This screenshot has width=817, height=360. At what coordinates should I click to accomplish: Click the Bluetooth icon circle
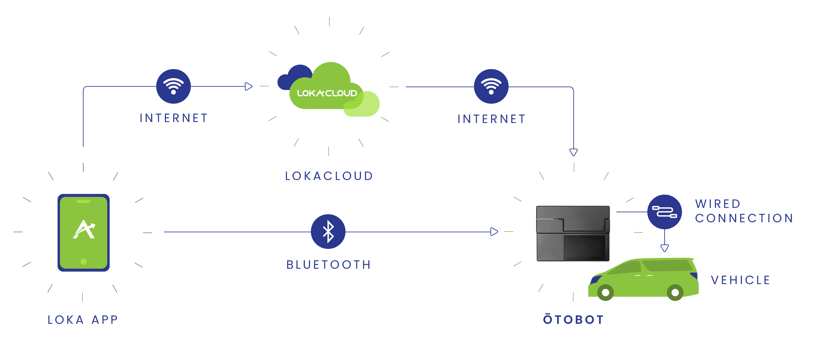[x=328, y=232]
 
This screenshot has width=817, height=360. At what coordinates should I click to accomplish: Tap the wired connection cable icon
[x=664, y=212]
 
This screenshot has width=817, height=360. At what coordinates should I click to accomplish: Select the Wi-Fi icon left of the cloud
[x=173, y=86]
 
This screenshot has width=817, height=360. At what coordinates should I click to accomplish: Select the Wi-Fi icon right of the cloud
[x=491, y=86]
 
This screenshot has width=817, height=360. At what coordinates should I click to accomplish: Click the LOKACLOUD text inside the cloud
[x=327, y=93]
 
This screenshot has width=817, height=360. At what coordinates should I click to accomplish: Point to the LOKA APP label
[x=83, y=320]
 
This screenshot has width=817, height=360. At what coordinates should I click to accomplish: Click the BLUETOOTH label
[x=329, y=265]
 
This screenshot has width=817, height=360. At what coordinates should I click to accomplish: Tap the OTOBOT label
[x=573, y=319]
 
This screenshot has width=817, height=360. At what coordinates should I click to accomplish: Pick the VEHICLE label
[x=740, y=280]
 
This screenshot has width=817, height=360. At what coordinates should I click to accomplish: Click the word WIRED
[x=718, y=204]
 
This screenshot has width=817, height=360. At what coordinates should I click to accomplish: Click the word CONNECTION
[x=744, y=218]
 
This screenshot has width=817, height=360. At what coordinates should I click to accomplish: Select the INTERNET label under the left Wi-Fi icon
[x=174, y=118]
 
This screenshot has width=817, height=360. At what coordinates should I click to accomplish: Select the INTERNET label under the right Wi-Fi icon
[x=492, y=119]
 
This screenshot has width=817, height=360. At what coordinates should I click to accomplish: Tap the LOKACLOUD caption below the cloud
[x=329, y=176]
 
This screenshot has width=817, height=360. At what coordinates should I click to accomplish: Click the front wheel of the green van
[x=605, y=292]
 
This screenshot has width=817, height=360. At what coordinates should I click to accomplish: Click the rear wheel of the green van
[x=675, y=292]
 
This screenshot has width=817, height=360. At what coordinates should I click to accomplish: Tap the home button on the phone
[x=84, y=262]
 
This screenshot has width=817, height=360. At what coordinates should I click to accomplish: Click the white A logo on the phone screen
[x=84, y=229]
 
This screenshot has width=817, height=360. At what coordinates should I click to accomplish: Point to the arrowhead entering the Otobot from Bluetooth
[x=494, y=232]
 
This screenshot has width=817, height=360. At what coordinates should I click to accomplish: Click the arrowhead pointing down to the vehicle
[x=665, y=248]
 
